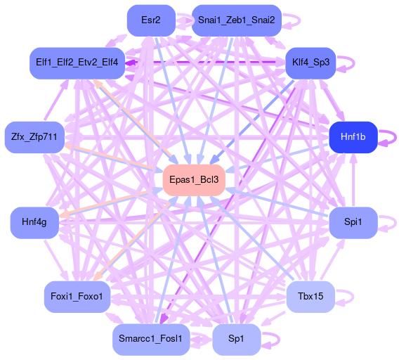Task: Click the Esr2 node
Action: coord(151,20)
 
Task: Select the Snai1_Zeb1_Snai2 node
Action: coord(237,20)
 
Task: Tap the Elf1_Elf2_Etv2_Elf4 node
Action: coord(77,63)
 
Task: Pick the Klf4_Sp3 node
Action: coord(310,63)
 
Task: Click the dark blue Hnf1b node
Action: coord(353,137)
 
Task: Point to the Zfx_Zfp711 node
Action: coord(34,137)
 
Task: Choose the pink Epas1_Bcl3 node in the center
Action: coord(194,180)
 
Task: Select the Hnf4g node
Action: coord(34,222)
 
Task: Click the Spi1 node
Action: coord(353,222)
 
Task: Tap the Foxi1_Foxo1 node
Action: coord(77,297)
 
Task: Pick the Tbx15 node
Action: coord(310,297)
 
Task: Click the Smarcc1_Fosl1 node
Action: coord(151,340)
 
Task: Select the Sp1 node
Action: coord(237,340)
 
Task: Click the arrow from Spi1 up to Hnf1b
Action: coord(353,180)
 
